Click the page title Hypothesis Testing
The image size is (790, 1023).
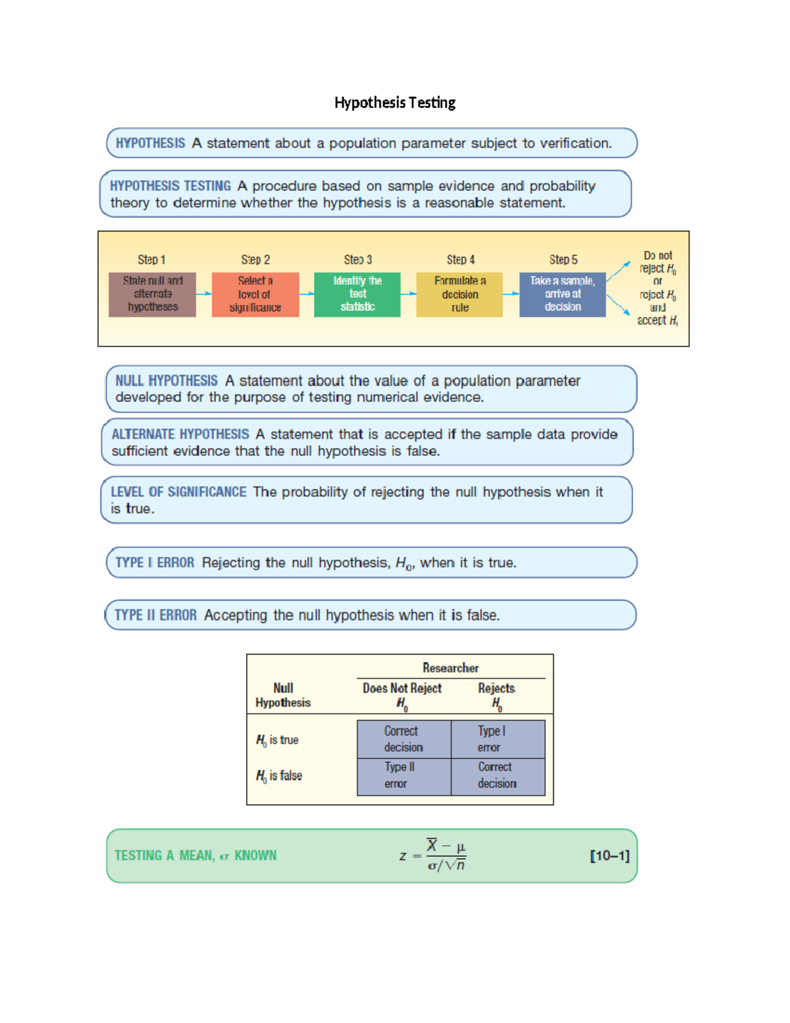point(394,103)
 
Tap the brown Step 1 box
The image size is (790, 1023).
point(152,294)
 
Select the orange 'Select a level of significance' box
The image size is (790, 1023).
point(255,294)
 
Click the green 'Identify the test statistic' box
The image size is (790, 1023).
point(357,294)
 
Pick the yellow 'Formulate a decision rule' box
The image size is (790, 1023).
point(460,294)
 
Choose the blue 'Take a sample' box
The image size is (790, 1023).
point(562,294)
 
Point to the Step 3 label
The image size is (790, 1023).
point(357,260)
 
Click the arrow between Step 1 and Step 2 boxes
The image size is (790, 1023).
point(204,294)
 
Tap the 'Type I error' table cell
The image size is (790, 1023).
point(498,739)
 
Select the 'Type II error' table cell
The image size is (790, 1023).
point(404,776)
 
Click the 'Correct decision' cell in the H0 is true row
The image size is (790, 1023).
point(404,739)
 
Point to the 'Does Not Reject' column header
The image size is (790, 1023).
point(402,688)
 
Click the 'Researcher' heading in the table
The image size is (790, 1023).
point(450,668)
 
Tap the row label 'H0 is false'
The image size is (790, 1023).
point(279,776)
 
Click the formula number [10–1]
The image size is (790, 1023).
point(610,856)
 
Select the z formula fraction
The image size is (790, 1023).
point(446,856)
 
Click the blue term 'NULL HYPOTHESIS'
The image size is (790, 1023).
point(166,381)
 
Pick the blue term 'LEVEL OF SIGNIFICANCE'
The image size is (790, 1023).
point(178,492)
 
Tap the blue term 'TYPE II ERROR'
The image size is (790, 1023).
point(155,615)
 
